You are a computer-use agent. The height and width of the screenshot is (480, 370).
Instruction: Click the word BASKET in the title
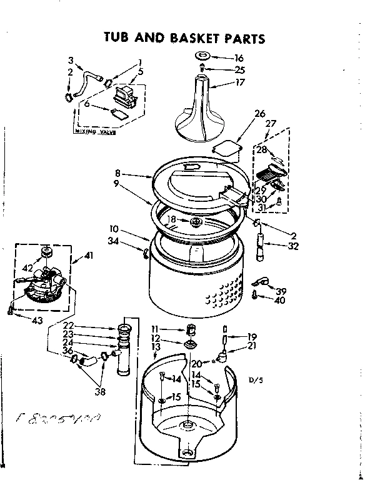pos(190,38)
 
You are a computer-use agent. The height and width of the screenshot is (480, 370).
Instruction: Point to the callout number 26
pos(260,113)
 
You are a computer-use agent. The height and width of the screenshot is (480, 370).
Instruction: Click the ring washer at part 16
pos(204,57)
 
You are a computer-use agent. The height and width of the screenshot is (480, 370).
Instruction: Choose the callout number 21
pos(252,346)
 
